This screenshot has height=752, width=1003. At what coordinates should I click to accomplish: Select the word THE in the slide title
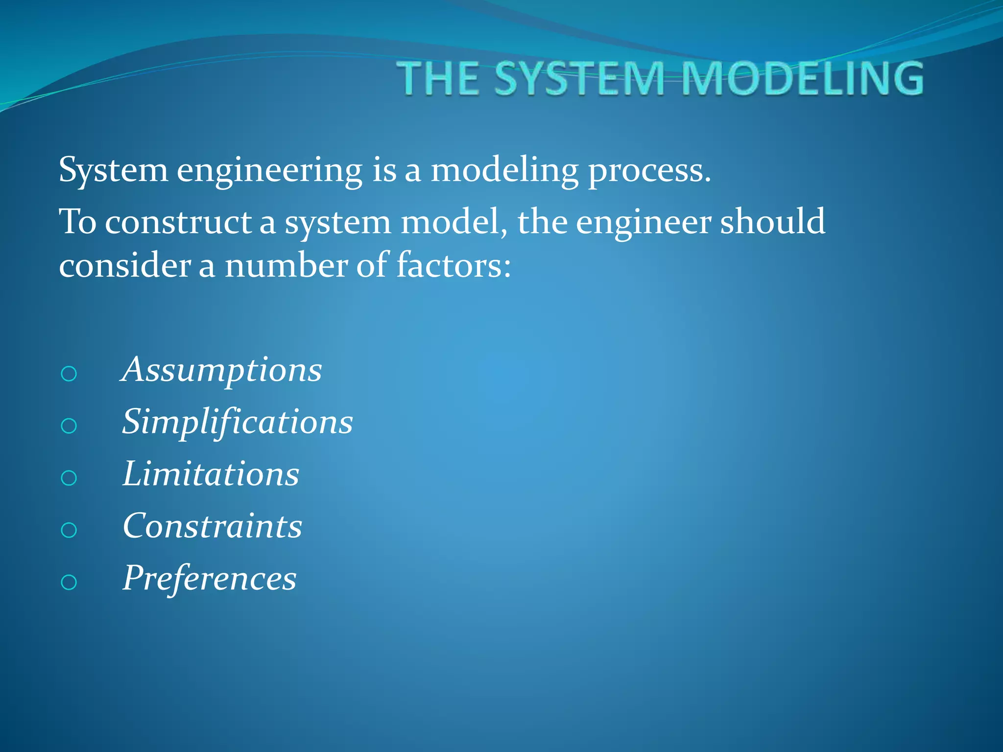click(x=438, y=78)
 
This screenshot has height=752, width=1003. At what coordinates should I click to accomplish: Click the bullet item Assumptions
click(x=222, y=370)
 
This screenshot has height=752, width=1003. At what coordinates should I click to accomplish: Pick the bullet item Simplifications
click(x=238, y=422)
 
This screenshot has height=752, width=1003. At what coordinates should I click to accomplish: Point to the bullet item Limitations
click(x=211, y=474)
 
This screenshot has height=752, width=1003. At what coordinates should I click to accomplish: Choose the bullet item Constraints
click(x=213, y=526)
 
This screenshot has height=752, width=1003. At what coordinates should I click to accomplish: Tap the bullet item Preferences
click(x=210, y=579)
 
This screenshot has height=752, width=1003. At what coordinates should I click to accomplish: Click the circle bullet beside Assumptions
click(x=69, y=374)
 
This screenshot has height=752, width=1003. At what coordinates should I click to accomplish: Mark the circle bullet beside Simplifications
click(x=69, y=426)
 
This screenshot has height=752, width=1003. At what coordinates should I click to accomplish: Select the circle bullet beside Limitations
click(x=69, y=478)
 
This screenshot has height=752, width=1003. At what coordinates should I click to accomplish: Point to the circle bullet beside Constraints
click(x=69, y=530)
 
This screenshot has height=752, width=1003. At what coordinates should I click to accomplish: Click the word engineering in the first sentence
click(x=269, y=171)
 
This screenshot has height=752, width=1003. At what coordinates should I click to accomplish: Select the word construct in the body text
click(x=178, y=222)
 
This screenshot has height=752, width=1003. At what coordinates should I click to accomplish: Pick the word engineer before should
click(x=643, y=223)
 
